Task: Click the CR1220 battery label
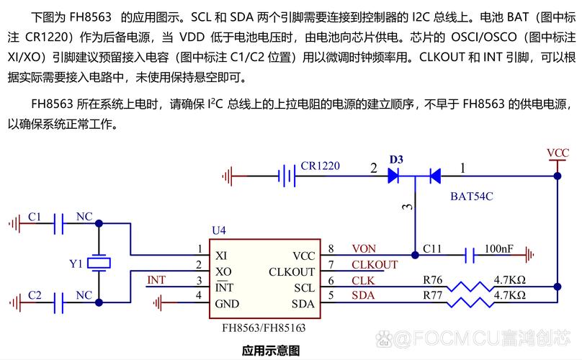[321, 166]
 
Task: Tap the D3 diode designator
[396, 158]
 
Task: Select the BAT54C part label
[472, 195]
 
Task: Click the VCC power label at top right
[558, 153]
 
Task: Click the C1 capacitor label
[35, 216]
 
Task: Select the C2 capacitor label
[35, 294]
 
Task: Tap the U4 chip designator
[218, 230]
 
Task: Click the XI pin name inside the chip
[222, 256]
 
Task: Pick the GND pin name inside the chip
[227, 304]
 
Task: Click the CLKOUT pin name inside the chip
[292, 271]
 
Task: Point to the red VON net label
[364, 248]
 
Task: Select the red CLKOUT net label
[375, 264]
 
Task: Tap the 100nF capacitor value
[498, 248]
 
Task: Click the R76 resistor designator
[433, 280]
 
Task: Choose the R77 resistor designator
[433, 295]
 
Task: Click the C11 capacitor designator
[432, 248]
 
